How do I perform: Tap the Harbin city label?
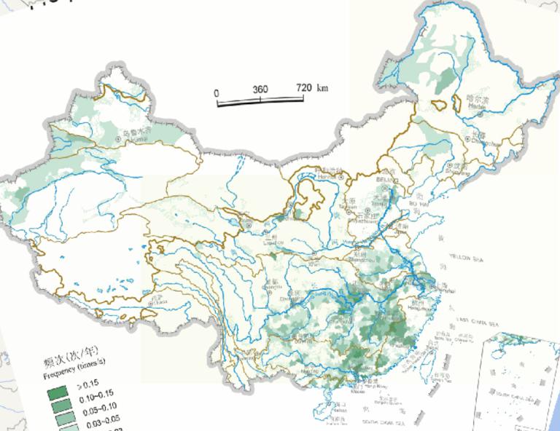(477, 101)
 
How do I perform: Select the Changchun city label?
(475, 140)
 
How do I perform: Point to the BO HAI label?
(418, 205)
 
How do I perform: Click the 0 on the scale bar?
(217, 92)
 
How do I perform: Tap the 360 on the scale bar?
(260, 90)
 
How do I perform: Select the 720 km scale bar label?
(312, 88)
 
